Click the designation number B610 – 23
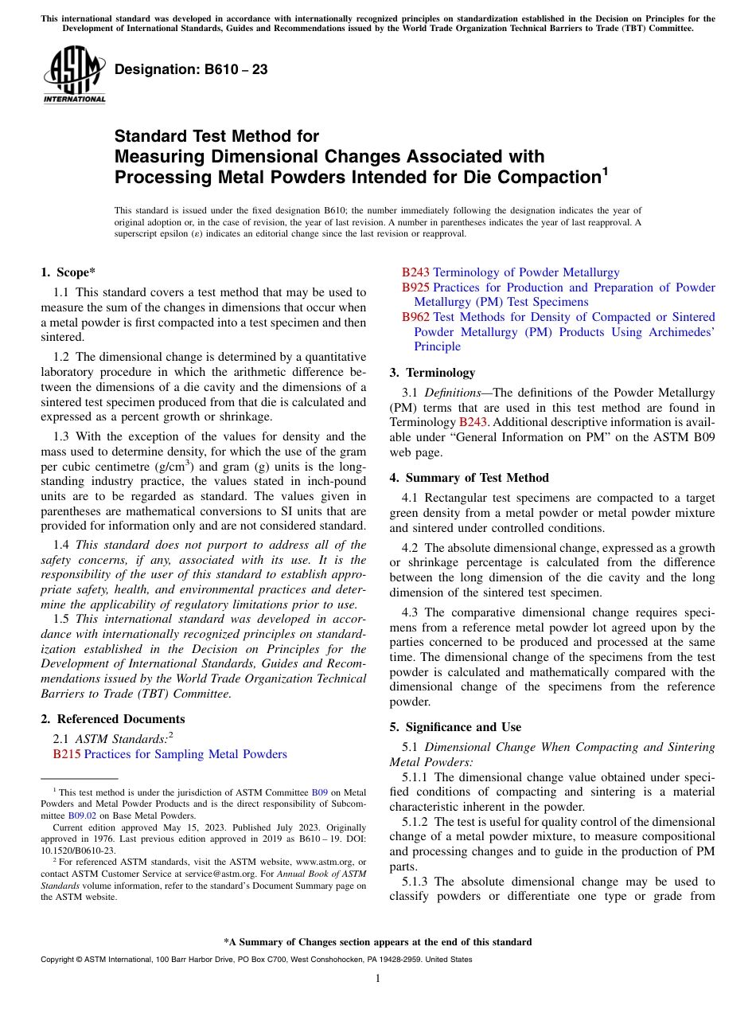point(191,69)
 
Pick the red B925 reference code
point(415,287)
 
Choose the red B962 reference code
point(415,317)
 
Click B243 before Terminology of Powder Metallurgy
point(415,272)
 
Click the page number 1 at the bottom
point(378,979)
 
